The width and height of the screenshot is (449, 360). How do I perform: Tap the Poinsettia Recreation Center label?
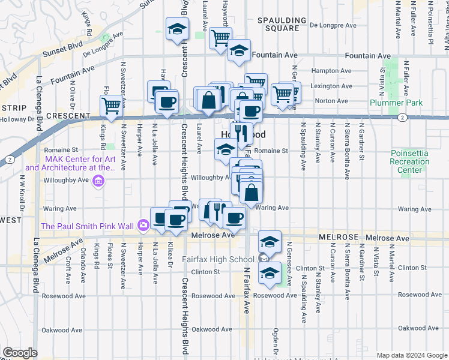pyautogui.click(x=409, y=161)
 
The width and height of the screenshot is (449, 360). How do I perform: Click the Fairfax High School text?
pyautogui.click(x=218, y=259)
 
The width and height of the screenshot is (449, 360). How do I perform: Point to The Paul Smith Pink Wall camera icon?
pyautogui.click(x=143, y=226)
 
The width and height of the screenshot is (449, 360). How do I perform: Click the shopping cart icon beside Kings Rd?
pyautogui.click(x=112, y=106)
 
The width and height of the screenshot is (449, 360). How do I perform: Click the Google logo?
pyautogui.click(x=19, y=353)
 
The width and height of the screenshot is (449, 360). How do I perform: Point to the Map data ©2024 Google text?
pyautogui.click(x=411, y=355)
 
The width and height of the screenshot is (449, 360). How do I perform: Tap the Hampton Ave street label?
pyautogui.click(x=327, y=70)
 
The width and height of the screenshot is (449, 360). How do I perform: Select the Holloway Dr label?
pyautogui.click(x=17, y=119)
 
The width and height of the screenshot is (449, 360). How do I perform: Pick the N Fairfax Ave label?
pyautogui.click(x=246, y=290)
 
